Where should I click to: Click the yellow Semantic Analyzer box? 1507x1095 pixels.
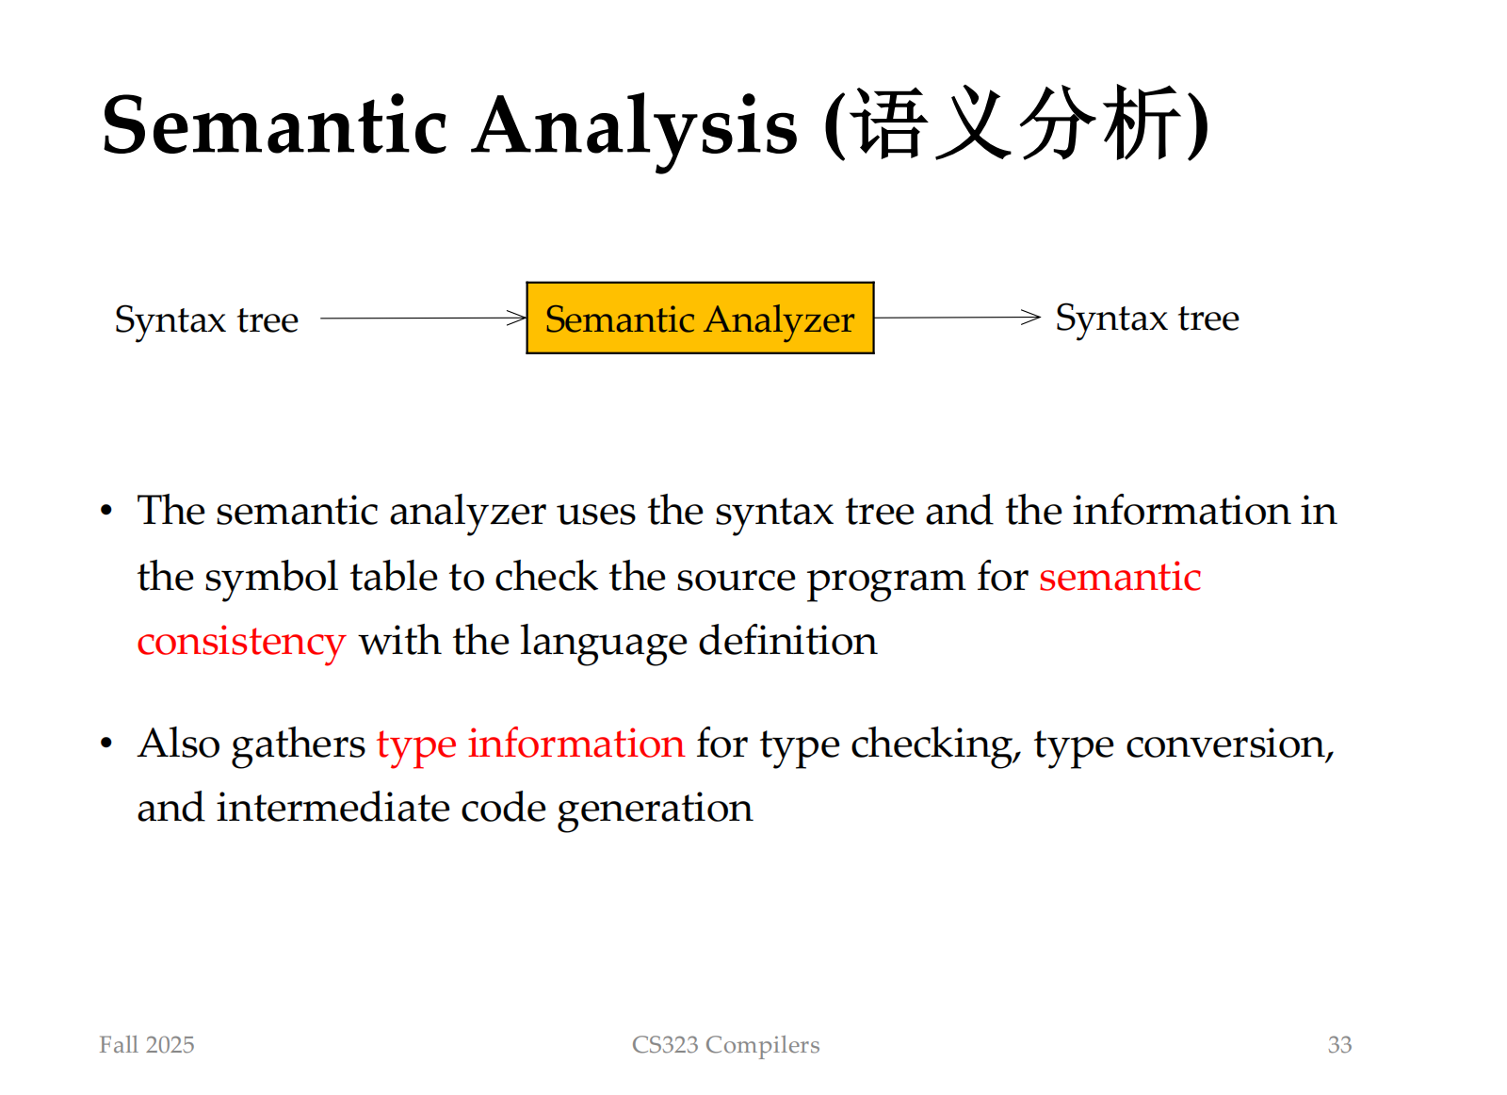tap(700, 318)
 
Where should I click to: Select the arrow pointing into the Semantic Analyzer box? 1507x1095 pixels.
tap(423, 318)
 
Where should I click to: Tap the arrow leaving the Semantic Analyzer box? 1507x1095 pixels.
tap(957, 317)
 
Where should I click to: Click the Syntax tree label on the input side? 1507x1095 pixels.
tap(206, 320)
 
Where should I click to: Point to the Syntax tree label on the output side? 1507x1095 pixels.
tap(1147, 319)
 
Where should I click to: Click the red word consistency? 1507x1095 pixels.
tap(241, 642)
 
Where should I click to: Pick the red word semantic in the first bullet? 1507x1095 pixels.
tap(1120, 577)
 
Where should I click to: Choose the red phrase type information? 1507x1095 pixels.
tap(530, 745)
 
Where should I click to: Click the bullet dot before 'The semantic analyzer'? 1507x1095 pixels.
tap(105, 511)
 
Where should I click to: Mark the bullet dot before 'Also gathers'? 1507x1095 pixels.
tap(105, 744)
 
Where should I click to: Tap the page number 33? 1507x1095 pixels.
tap(1339, 1044)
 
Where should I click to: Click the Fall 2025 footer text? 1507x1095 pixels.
tap(147, 1044)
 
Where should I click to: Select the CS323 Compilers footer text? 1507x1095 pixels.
tap(725, 1045)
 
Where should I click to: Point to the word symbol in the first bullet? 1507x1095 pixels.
tap(271, 579)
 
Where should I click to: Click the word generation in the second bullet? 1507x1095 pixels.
tap(655, 809)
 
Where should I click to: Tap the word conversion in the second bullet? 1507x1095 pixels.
tap(1230, 745)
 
